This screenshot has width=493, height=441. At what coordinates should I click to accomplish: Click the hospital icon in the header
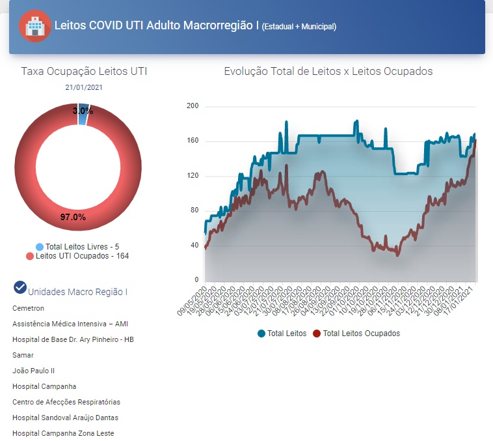pos(34,27)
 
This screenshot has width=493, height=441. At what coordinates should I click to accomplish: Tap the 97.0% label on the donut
pos(73,217)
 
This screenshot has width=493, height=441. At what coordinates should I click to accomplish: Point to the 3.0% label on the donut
pos(83,111)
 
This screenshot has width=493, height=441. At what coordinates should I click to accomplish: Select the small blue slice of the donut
pos(83,109)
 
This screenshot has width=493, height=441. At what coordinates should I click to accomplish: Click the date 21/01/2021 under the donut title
pos(84,87)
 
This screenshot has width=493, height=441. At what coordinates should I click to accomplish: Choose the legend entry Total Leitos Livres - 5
pos(82,247)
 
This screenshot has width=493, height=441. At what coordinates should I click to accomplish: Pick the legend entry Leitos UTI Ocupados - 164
pos(82,256)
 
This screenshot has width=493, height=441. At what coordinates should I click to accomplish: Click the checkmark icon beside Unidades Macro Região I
pos(20,287)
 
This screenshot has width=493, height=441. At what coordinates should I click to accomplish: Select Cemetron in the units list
pos(28,308)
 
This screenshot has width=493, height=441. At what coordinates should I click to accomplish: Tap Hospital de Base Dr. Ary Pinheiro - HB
pos(73,339)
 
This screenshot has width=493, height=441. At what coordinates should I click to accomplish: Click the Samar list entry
pos(23,355)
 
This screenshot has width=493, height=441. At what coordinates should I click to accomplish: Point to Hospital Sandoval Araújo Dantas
pos(65,418)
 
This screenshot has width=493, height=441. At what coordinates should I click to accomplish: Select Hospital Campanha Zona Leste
pos(63,433)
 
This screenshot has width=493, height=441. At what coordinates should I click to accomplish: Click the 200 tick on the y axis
pos(192,106)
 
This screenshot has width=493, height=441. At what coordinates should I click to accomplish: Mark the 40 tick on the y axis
pos(194,246)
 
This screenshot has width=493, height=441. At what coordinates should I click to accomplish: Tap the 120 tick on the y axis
pos(192,176)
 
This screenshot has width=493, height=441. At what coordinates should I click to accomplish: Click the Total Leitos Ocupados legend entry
pos(361,334)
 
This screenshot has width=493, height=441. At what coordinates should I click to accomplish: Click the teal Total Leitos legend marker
pos(261,334)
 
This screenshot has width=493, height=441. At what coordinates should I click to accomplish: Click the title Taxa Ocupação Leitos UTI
pos(84,71)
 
